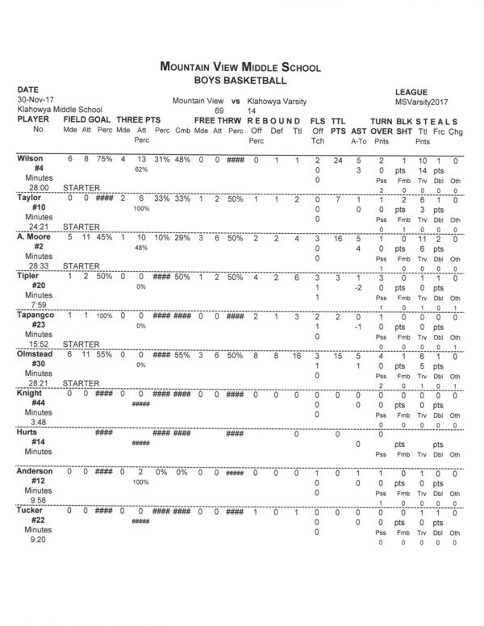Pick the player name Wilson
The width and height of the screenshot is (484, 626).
click(x=31, y=159)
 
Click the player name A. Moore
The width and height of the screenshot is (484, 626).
click(x=33, y=239)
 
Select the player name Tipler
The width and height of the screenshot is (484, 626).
click(x=29, y=276)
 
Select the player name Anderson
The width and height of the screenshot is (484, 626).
click(x=35, y=470)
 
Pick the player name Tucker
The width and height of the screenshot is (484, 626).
click(x=30, y=510)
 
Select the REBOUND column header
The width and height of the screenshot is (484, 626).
click(x=277, y=118)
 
